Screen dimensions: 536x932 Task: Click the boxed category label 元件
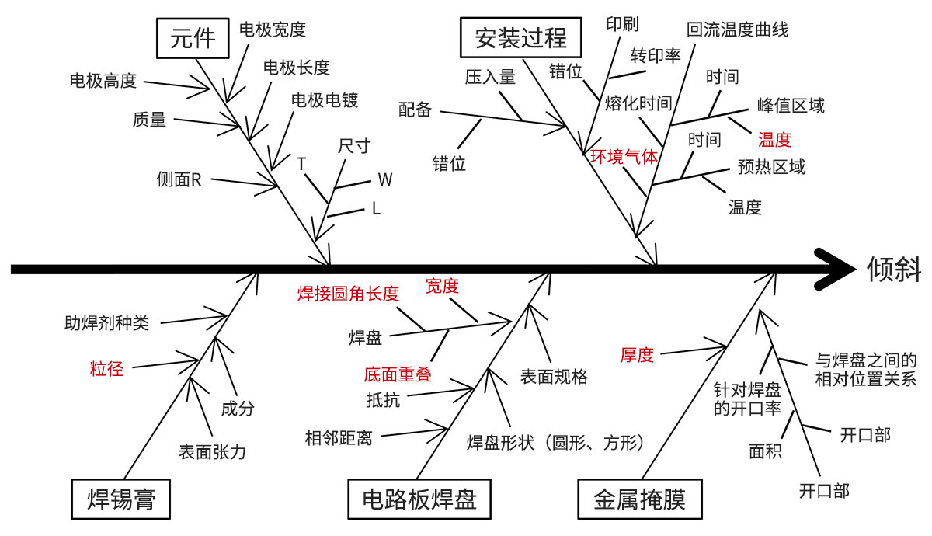click(x=193, y=37)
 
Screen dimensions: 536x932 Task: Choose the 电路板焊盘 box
click(x=419, y=498)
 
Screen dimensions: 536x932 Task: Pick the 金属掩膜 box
click(x=639, y=498)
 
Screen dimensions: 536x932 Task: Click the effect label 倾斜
click(x=895, y=269)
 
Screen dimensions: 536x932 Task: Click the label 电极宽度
click(x=272, y=30)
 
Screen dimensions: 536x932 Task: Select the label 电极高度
click(x=103, y=80)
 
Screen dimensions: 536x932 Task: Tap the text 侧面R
click(x=179, y=180)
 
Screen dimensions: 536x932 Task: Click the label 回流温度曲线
click(x=737, y=30)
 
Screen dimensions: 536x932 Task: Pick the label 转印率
click(x=656, y=56)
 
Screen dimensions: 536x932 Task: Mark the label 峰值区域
click(x=791, y=106)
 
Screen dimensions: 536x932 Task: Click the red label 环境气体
click(x=624, y=156)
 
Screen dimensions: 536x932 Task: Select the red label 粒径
click(x=106, y=368)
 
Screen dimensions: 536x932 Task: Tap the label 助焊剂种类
click(x=106, y=322)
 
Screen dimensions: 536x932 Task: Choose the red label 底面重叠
click(x=397, y=374)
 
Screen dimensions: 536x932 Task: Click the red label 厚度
click(x=637, y=355)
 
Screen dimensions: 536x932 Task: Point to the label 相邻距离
click(x=339, y=438)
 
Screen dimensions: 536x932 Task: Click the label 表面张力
click(x=212, y=451)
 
